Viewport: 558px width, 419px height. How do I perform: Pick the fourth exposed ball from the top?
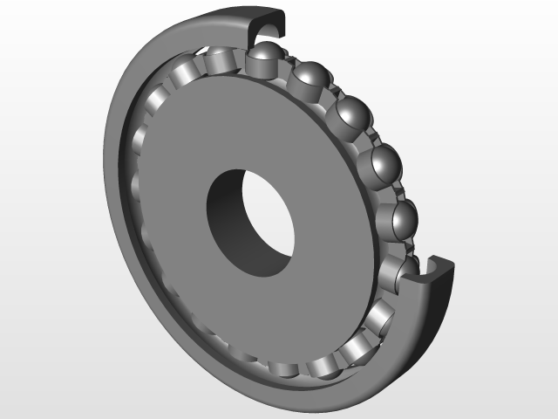coord(384,163)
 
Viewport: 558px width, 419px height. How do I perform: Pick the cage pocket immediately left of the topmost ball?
coord(218,63)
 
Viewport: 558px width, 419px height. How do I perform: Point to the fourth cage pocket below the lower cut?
coord(283,370)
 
